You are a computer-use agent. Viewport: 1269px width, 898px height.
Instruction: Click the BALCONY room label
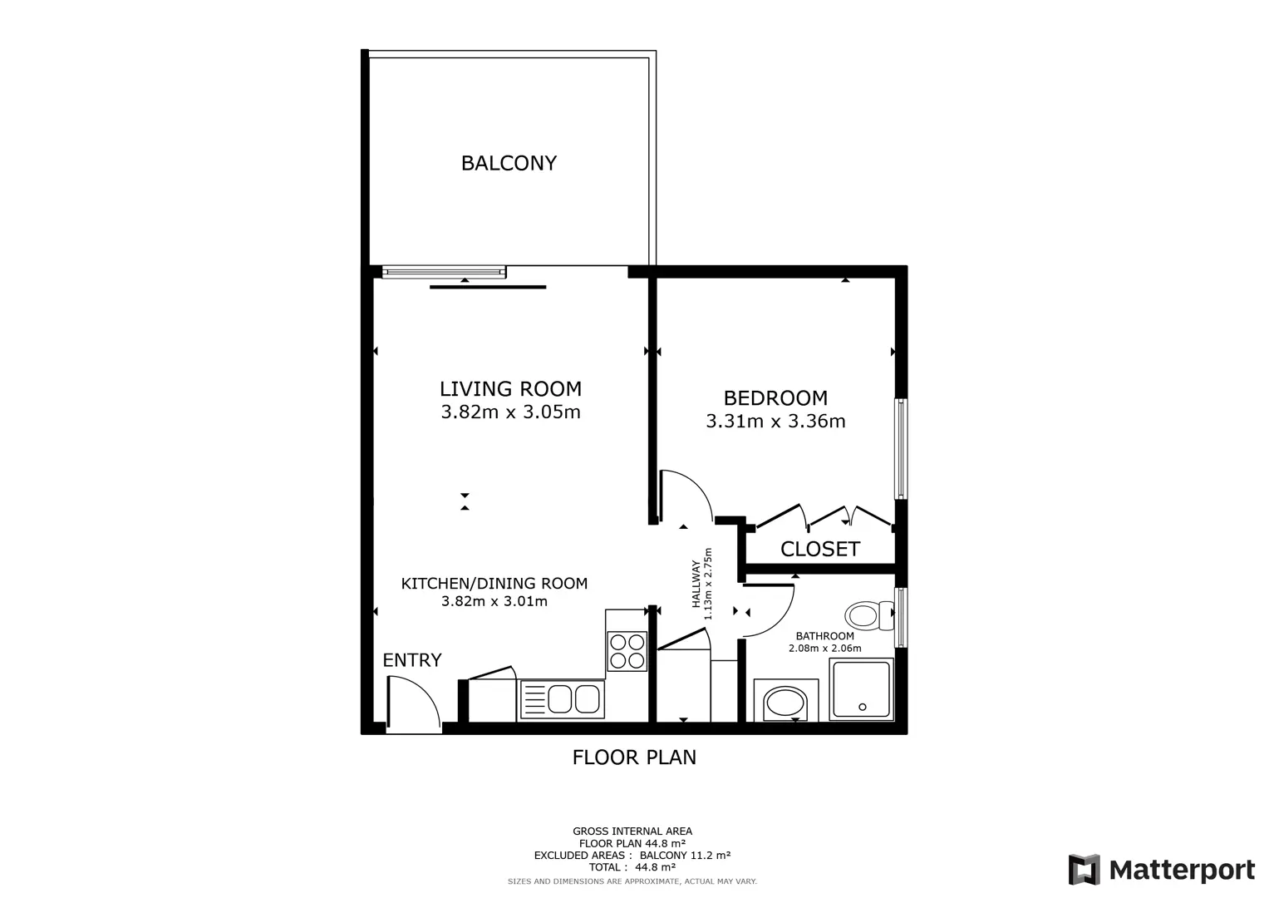(509, 163)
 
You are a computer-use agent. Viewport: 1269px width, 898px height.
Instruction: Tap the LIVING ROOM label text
(510, 389)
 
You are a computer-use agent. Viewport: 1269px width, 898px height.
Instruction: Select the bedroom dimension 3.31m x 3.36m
(775, 422)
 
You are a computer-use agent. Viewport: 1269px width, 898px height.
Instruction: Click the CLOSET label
(819, 549)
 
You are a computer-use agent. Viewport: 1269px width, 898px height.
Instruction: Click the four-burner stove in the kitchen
(627, 651)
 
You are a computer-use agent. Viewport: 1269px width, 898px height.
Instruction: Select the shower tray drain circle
(863, 707)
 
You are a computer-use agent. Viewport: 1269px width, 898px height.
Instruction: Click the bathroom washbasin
(785, 703)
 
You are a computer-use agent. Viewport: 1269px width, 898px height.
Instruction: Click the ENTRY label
(412, 660)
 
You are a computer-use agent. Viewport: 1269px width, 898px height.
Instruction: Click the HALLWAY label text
(696, 584)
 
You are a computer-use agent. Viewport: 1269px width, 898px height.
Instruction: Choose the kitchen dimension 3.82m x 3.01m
(494, 601)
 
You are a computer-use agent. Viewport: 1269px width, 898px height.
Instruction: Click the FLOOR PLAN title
(634, 757)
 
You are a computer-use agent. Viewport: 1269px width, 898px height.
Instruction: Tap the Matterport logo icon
(1085, 869)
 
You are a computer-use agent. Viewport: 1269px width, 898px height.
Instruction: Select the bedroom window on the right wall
(901, 449)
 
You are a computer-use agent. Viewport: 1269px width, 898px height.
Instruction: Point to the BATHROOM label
(825, 636)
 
